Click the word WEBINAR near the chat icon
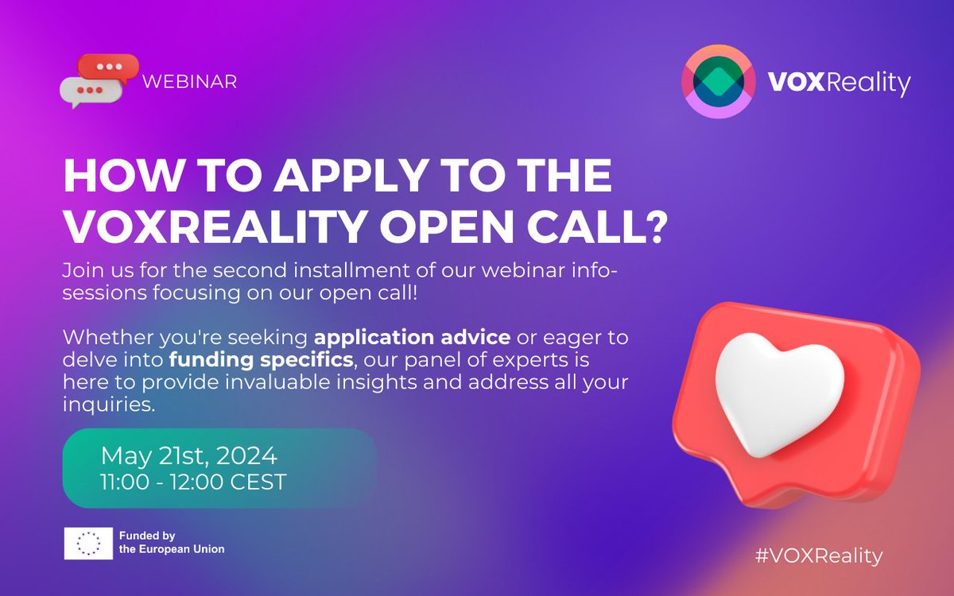(x=188, y=82)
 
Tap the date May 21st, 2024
(x=188, y=456)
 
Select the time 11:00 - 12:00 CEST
(x=193, y=482)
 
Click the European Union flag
(x=89, y=543)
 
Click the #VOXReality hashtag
(x=819, y=555)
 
